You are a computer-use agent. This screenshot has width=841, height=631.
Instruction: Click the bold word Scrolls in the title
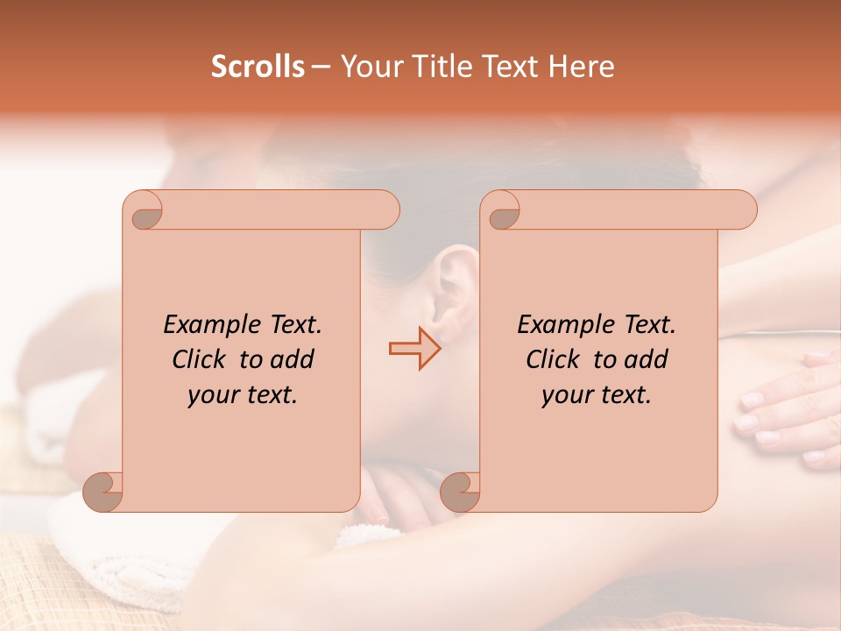point(258,67)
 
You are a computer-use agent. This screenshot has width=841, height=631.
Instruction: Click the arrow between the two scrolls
point(414,349)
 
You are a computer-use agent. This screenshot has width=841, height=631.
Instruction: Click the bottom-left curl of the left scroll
point(103,492)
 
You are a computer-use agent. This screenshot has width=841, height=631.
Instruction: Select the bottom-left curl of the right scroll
point(460,492)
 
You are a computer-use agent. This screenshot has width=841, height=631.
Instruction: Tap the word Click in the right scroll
point(554,359)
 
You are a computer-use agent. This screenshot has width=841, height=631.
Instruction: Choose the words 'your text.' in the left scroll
point(243,395)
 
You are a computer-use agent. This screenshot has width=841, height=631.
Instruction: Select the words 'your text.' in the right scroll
point(597,395)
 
